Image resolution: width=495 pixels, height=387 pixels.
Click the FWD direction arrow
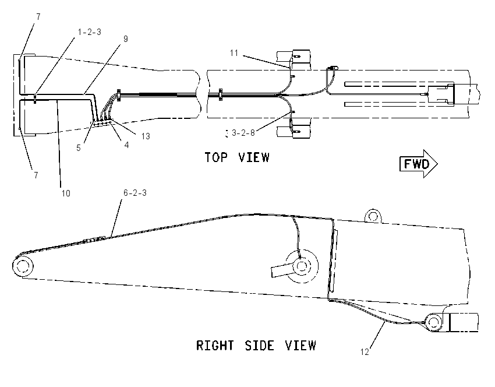419,164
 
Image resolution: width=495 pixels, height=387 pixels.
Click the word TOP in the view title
216,157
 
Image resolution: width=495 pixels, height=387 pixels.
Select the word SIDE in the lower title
260,345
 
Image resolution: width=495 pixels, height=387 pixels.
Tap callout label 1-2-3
90,32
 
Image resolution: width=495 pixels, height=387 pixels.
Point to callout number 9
126,39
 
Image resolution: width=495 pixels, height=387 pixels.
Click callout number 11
234,53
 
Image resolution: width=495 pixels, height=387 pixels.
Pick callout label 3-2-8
243,133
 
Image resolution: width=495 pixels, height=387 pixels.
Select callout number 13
146,136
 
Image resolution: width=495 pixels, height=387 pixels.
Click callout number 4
126,145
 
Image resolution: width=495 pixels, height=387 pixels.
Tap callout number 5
79,148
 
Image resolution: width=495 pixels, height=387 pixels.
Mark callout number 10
66,193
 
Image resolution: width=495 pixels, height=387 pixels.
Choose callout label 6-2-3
135,193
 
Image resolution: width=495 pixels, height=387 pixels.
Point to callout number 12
365,352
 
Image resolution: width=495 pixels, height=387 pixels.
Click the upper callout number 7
38,16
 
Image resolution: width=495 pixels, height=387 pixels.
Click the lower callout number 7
36,175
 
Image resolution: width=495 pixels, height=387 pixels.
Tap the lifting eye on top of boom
373,216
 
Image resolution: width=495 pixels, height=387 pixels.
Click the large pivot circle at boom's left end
23,266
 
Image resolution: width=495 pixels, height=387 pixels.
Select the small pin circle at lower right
434,322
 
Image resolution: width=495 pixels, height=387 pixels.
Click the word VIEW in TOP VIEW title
254,157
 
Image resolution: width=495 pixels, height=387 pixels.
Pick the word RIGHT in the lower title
215,345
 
